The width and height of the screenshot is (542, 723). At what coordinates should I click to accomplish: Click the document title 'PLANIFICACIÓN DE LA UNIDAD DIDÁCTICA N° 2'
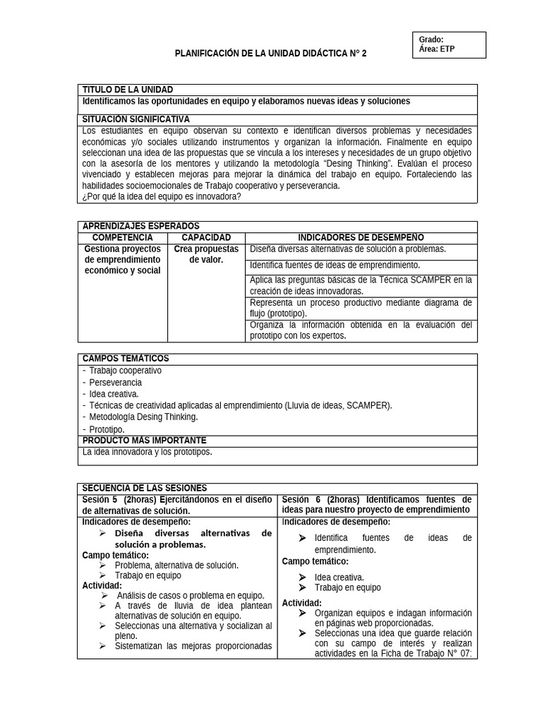(270, 54)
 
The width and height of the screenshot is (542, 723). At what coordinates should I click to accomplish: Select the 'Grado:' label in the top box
(431, 40)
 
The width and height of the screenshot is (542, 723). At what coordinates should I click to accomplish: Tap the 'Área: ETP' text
(437, 49)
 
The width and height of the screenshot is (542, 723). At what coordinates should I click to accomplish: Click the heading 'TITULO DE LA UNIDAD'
(128, 90)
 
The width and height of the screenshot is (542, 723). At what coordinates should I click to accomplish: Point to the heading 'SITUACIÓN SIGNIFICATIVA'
(136, 119)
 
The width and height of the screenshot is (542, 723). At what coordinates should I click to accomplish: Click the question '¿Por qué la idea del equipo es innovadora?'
(162, 196)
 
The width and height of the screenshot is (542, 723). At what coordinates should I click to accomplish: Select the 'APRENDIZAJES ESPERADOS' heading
(141, 226)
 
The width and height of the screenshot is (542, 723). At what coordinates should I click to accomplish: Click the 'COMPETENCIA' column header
(123, 238)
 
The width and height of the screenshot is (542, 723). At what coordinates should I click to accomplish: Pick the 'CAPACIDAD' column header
(206, 238)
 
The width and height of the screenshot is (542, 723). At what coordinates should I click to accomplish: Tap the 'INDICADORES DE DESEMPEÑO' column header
(361, 238)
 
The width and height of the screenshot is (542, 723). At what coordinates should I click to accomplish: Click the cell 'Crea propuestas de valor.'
(206, 254)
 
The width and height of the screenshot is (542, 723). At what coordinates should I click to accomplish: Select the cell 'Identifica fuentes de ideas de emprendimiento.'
(335, 265)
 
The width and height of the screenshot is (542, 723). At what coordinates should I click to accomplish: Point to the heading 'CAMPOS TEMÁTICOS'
(126, 359)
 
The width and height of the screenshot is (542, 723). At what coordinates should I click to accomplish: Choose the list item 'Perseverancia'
(116, 382)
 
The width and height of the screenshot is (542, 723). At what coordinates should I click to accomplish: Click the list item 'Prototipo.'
(107, 429)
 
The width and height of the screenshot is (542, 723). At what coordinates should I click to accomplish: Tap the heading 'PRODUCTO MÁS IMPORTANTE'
(144, 440)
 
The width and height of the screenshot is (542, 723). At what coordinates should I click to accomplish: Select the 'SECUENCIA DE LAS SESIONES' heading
(145, 488)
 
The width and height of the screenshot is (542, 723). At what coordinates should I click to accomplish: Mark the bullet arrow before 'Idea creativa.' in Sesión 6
(303, 577)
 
